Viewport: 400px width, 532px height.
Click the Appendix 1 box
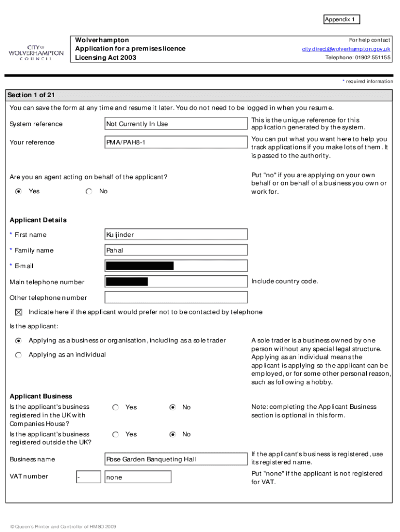(x=341, y=20)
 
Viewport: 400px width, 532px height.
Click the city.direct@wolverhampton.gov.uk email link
(x=346, y=49)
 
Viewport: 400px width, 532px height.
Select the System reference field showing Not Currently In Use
(x=176, y=124)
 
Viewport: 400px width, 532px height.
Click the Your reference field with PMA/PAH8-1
(x=176, y=142)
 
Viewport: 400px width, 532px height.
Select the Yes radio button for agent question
(x=19, y=191)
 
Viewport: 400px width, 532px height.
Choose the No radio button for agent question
(x=89, y=191)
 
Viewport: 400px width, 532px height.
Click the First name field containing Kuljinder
(x=176, y=235)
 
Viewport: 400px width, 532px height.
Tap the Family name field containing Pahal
(x=176, y=250)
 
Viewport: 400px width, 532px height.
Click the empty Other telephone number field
(x=176, y=298)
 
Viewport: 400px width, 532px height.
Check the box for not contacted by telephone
(x=19, y=312)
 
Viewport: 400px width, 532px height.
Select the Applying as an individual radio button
(x=19, y=355)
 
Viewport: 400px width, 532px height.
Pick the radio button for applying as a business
(x=19, y=341)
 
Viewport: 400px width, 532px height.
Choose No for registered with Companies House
(x=173, y=407)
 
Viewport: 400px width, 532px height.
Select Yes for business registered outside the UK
(x=116, y=434)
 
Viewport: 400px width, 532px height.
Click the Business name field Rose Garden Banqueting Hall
(x=176, y=459)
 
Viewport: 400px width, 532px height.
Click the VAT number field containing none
(x=138, y=477)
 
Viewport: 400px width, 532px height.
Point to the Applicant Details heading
(x=38, y=220)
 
